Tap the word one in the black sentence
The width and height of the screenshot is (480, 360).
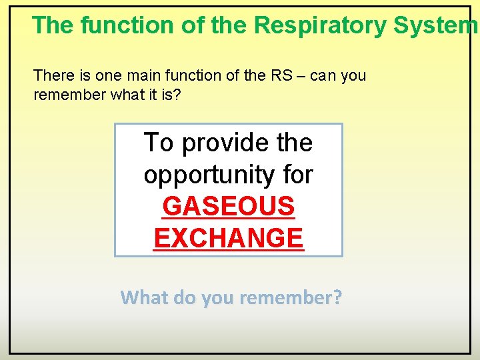coord(113,75)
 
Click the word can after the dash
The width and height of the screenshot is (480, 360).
coord(323,75)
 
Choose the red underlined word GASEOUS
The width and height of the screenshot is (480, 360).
coord(228,207)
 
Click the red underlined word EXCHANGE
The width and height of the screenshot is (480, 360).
coord(228,238)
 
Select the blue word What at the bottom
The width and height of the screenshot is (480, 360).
coord(145,297)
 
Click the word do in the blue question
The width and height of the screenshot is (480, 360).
coord(186,297)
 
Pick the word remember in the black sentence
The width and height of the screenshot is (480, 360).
coord(64,95)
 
